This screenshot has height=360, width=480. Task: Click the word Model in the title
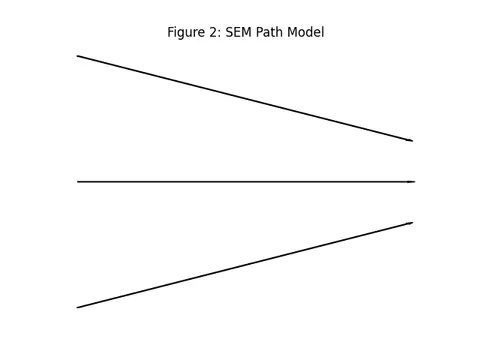tap(305, 32)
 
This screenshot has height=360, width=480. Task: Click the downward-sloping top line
tap(245, 98)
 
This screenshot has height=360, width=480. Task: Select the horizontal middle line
tap(246, 182)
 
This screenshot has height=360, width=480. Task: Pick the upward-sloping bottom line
tap(245, 265)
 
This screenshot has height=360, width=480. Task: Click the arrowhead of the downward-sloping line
tap(411, 141)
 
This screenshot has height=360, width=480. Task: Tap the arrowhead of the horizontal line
tap(412, 182)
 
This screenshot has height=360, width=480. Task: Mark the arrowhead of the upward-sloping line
tap(411, 223)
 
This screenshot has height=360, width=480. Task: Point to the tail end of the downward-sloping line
tap(78, 56)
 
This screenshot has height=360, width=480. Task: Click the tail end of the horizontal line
tap(78, 182)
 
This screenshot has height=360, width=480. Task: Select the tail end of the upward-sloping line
tap(78, 307)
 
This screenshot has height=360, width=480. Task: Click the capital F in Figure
tap(170, 32)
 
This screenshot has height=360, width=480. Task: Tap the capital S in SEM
tap(230, 32)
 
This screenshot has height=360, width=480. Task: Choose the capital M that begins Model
tap(292, 32)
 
